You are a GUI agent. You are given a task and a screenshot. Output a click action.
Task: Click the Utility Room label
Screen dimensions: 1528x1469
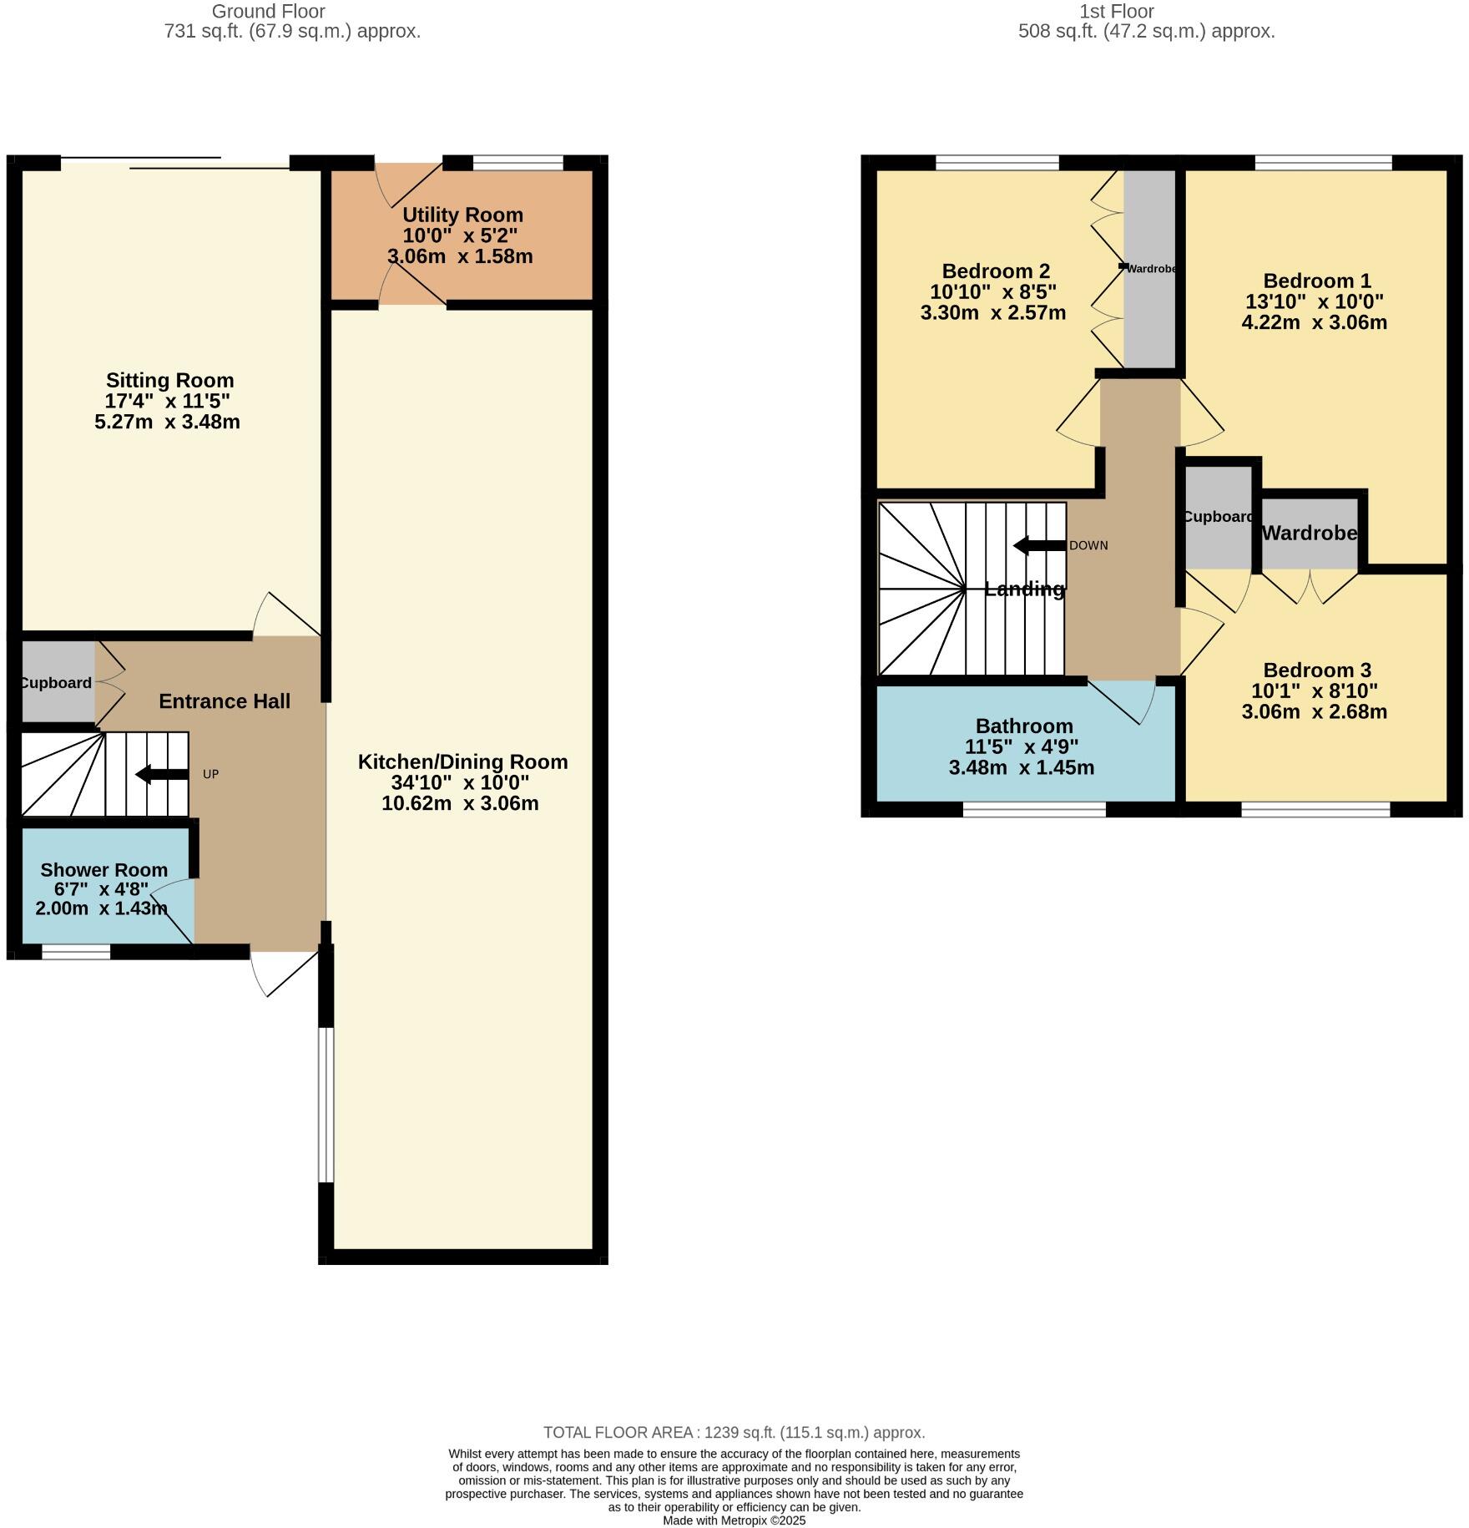[462, 215]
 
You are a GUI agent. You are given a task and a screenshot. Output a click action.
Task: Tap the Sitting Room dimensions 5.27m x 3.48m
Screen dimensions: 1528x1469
[168, 422]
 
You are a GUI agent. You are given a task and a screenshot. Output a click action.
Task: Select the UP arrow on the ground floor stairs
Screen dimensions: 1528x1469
[162, 774]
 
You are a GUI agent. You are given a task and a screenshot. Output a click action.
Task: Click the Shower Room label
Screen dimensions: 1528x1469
[103, 870]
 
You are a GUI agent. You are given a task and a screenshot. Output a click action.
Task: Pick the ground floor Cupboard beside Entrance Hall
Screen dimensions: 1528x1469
[55, 682]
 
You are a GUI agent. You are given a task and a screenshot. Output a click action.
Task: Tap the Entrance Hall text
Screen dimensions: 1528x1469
[225, 701]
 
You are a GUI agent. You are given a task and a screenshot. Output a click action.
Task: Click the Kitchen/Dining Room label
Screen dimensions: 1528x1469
[462, 761]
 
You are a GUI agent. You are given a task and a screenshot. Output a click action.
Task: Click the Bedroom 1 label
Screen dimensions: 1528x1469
[1316, 281]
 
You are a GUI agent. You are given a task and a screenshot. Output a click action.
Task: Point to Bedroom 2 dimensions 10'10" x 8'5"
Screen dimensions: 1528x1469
[993, 292]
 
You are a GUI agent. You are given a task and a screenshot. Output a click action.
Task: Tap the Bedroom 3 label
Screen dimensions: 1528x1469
[1316, 670]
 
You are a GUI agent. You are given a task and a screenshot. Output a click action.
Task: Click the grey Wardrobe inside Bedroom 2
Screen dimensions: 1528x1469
[1149, 268]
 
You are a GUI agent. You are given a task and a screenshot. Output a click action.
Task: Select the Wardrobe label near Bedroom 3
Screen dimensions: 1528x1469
[1309, 533]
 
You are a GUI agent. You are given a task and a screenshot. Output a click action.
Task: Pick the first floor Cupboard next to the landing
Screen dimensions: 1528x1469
[1218, 518]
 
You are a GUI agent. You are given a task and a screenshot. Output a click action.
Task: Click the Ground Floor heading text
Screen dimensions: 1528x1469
[268, 12]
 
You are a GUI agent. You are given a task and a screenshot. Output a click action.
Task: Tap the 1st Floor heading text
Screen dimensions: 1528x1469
[1116, 12]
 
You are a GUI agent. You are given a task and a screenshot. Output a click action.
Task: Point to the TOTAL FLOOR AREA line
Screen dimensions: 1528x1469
[734, 1432]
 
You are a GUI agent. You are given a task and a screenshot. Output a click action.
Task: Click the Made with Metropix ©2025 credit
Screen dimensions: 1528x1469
[734, 1520]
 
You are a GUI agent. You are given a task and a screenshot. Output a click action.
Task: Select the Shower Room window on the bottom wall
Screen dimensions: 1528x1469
[76, 952]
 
